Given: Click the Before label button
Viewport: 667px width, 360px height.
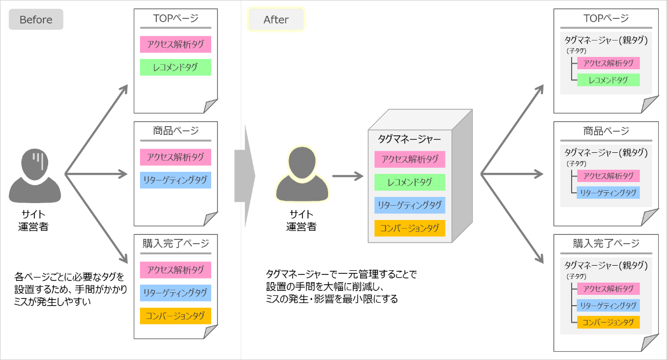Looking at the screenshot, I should [x=36, y=19].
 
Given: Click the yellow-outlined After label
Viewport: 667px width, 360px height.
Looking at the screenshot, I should [x=276, y=19].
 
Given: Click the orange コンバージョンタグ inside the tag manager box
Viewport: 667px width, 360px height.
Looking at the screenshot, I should [x=410, y=228].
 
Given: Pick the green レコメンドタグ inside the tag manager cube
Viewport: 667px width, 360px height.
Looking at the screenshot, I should [x=410, y=182].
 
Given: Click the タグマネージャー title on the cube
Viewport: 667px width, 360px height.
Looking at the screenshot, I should [x=409, y=138].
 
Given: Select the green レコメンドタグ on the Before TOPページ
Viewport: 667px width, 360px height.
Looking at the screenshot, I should [x=175, y=67].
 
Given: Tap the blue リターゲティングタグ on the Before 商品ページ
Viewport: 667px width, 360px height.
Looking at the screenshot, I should [x=175, y=180].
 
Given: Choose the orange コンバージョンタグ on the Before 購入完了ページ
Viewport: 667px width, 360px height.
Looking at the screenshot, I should [x=175, y=315].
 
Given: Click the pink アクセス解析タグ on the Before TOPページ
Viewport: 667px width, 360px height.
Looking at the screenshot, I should [x=175, y=44].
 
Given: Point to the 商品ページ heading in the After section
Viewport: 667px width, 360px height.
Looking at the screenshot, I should [x=606, y=131].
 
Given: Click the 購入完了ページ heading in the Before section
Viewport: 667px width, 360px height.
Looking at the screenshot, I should [x=175, y=243].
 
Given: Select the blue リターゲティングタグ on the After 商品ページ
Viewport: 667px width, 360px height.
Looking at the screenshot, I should [x=608, y=193].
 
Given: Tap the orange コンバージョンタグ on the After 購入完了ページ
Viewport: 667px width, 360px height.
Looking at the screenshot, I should [x=608, y=322].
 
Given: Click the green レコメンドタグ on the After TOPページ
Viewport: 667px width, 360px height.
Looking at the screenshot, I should [x=608, y=80].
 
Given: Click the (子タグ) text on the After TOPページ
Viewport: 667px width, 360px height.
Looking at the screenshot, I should [x=576, y=51].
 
